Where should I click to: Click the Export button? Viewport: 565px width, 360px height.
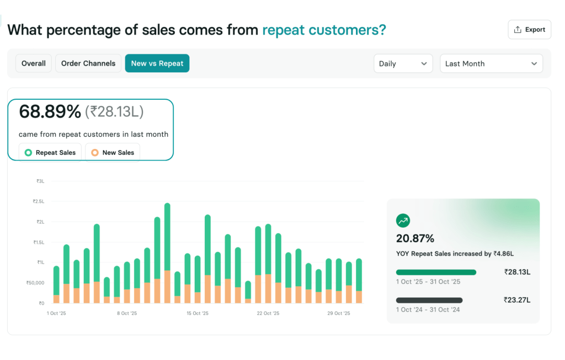529,30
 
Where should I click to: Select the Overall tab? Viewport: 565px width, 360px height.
34,63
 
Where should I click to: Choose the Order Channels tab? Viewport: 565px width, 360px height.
88,63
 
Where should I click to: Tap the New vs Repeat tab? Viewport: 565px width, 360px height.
157,63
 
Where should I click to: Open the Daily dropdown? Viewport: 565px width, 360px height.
403,63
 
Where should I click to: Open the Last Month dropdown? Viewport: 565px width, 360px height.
491,63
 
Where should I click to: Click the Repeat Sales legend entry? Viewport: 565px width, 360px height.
50,153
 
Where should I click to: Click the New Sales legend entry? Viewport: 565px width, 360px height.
113,153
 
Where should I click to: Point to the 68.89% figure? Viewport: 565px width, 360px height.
50,112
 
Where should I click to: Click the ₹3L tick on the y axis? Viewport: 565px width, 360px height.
40,181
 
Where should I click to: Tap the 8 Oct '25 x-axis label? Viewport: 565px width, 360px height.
126,313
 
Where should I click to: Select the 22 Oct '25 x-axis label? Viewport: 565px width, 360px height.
268,313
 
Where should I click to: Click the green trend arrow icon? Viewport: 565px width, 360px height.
403,221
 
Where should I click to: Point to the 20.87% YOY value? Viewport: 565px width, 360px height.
415,239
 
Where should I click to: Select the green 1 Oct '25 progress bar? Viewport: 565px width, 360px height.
436,272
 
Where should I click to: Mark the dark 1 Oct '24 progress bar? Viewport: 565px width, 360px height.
429,300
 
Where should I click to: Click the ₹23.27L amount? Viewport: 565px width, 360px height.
517,300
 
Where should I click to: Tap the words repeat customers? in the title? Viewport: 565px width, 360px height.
324,30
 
